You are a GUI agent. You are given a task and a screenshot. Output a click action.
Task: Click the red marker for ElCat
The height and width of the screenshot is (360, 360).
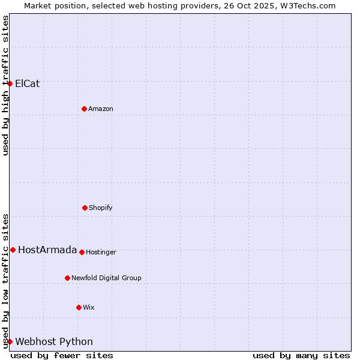click(10, 83)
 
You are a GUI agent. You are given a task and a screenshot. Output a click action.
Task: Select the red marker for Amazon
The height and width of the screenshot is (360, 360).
click(85, 109)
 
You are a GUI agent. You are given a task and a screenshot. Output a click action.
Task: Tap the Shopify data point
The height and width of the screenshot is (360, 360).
click(85, 208)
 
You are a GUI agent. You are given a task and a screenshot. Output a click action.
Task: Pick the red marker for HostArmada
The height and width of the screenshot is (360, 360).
click(13, 250)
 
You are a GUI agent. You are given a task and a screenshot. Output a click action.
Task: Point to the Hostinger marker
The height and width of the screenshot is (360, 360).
click(82, 252)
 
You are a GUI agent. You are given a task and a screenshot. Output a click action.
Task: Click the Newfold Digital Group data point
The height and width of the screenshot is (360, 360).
click(67, 278)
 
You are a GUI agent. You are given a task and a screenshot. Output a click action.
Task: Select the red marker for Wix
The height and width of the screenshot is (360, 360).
click(79, 307)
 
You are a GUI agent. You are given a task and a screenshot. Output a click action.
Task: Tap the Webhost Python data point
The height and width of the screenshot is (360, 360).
click(10, 341)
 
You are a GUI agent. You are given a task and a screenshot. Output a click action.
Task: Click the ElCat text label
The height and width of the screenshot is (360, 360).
click(28, 83)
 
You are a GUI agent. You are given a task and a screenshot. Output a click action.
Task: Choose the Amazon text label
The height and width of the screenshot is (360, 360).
click(101, 109)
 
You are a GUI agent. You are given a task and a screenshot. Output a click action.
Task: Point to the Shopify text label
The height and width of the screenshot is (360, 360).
click(101, 208)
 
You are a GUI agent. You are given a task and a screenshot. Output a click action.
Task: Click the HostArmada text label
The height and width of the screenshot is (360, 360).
click(47, 250)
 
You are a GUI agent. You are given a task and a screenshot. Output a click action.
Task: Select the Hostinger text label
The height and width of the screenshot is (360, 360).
click(101, 253)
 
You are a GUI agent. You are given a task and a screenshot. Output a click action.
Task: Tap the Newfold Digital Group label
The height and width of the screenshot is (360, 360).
click(106, 278)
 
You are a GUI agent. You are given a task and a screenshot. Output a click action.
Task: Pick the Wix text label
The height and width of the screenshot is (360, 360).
click(89, 308)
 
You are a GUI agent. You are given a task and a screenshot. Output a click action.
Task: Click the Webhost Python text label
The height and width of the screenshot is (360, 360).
click(54, 342)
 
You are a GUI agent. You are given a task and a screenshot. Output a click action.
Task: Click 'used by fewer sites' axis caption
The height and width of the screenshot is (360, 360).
click(62, 355)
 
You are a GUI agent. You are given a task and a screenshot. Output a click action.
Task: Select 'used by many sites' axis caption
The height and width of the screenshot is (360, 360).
click(301, 355)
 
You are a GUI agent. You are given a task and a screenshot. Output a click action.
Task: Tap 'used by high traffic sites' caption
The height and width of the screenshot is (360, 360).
click(6, 85)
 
